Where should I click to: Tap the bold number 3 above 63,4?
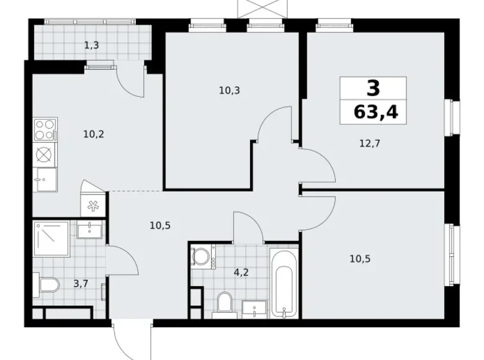[x=373, y=89]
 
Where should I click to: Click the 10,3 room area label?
[x=229, y=90]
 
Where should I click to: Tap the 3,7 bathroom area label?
[x=81, y=284]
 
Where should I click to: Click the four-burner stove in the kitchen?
[x=44, y=130]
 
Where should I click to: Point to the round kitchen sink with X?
[x=44, y=155]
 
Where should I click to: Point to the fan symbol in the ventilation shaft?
[x=94, y=205]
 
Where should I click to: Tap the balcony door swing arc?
[x=131, y=81]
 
